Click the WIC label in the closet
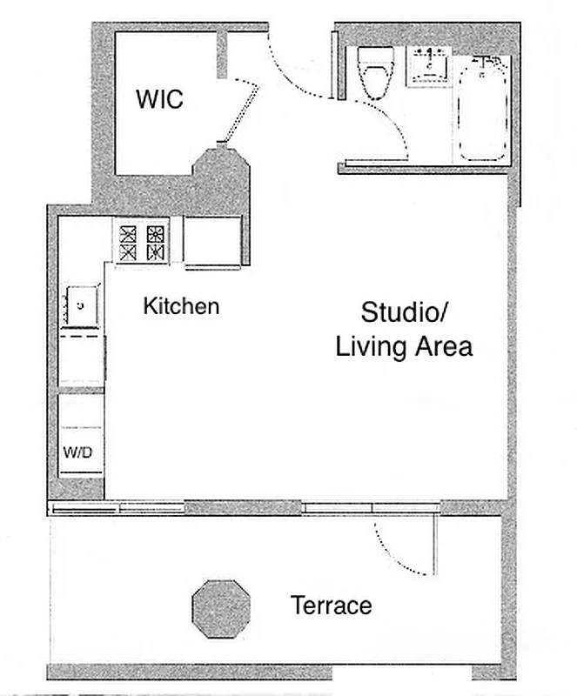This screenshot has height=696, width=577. (x=159, y=99)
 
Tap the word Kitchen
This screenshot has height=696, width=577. (x=181, y=306)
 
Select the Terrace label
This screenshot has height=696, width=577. (x=332, y=606)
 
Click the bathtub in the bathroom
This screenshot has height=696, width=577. (x=483, y=108)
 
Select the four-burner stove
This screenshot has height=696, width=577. (x=142, y=244)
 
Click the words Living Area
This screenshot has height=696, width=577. (x=404, y=347)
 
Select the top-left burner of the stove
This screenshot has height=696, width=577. (x=129, y=233)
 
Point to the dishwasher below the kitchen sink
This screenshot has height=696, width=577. (x=82, y=357)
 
